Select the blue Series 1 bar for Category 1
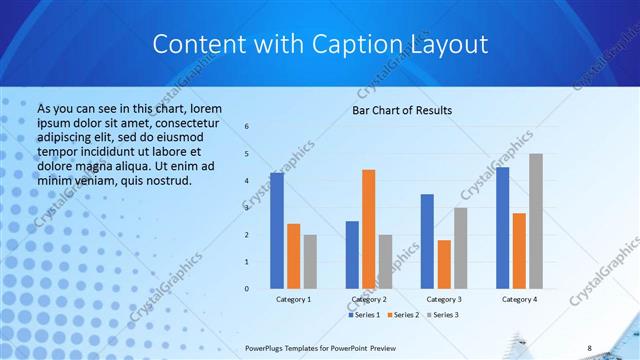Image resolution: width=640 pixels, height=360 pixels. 277,231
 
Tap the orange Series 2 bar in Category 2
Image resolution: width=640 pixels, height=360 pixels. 368,229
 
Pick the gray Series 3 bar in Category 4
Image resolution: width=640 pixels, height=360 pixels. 536,221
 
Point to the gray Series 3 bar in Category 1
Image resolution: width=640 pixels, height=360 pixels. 310,262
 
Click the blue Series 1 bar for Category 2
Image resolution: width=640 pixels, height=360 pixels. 352,255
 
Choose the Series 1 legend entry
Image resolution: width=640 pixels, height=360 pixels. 363,315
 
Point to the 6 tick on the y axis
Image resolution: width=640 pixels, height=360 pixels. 247,127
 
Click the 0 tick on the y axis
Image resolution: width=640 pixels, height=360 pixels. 247,289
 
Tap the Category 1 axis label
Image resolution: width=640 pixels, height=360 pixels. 293,299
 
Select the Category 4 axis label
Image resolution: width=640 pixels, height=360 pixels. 519,299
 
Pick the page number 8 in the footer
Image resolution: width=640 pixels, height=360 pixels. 589,348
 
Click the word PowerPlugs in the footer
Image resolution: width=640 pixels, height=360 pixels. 268,348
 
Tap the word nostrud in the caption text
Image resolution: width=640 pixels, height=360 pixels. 165,181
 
